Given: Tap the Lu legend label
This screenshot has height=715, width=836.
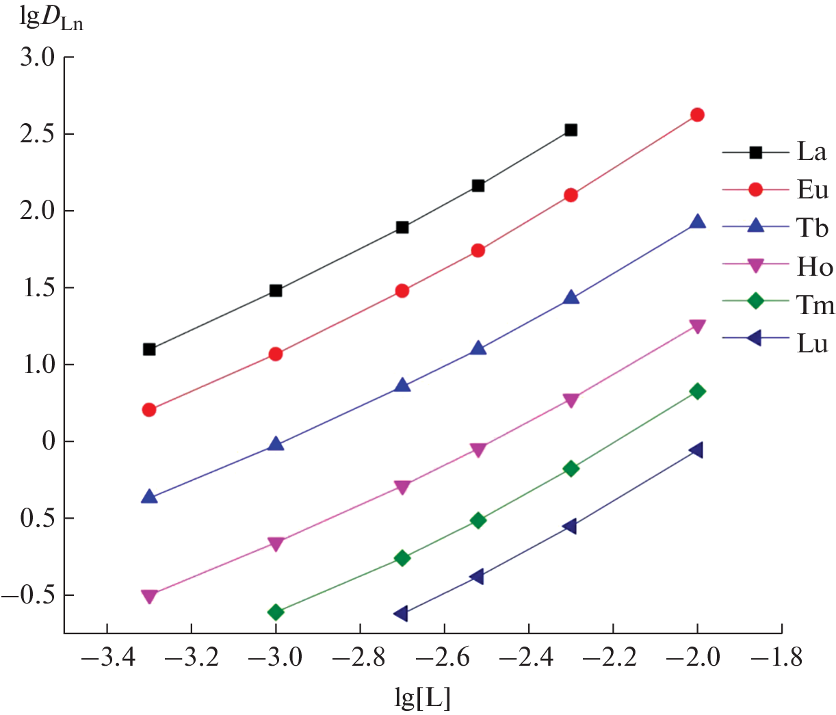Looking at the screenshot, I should (812, 343).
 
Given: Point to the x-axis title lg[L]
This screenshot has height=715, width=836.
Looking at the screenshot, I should (423, 697).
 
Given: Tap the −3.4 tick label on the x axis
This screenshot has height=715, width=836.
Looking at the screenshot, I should (107, 658).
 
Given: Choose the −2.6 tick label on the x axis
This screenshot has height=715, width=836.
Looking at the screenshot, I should (444, 658).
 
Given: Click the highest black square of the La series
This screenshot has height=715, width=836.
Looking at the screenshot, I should (571, 130).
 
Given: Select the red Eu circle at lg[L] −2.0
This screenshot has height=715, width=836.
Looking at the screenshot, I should (697, 115).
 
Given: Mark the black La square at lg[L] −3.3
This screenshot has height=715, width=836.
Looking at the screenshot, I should (149, 350).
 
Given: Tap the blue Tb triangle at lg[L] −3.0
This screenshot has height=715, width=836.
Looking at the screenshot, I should (276, 445).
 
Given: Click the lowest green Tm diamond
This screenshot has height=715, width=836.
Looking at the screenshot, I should (276, 612).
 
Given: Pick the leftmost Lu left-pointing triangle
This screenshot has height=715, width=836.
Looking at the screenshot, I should (402, 613).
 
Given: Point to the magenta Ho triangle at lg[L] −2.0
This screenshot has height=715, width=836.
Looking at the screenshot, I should (697, 326).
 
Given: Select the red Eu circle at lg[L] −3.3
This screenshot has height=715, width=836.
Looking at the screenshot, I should (149, 410).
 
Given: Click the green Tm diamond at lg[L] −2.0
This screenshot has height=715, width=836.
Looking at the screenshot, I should (697, 391).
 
